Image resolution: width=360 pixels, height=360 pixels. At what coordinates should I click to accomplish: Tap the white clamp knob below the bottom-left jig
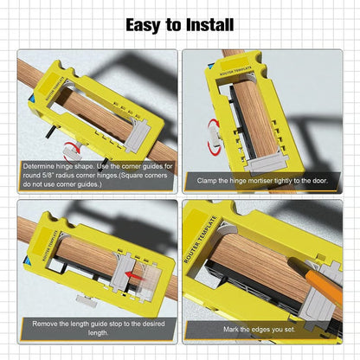87,299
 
